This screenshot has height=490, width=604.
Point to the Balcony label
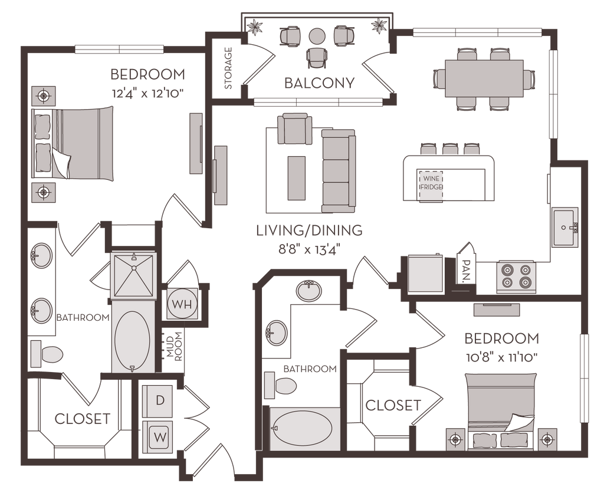pos(320,83)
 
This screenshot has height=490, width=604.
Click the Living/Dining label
pos(308,230)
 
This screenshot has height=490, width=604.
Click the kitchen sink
pos(565,228)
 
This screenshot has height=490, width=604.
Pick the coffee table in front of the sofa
pos(297,176)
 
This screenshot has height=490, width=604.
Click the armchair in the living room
pos(294,130)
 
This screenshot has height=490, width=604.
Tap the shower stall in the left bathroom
pos(134,275)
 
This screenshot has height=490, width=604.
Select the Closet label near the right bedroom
pos(393,405)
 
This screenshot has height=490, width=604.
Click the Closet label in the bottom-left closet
pos(83,419)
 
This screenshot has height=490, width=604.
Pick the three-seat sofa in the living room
pos(338,170)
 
